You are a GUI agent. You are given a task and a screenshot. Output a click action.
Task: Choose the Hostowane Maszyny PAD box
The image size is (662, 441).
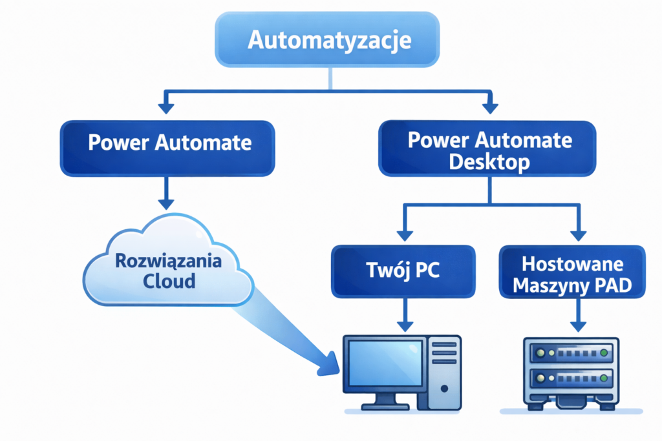[572, 272]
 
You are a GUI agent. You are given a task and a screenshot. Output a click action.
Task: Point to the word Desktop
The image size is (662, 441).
[489, 161]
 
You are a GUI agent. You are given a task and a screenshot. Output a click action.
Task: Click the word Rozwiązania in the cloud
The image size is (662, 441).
[168, 262]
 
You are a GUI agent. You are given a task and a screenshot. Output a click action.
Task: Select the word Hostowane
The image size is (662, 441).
[571, 263]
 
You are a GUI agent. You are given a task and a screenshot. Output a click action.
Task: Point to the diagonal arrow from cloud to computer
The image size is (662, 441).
[291, 336]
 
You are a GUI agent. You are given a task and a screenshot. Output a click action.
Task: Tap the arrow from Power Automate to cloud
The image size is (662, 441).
[167, 194]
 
